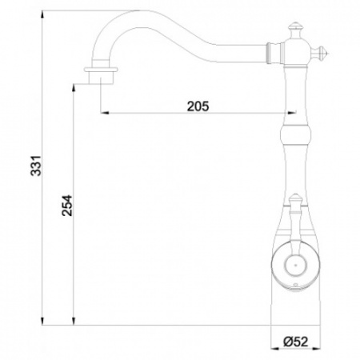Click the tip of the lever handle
tap(293, 200)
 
